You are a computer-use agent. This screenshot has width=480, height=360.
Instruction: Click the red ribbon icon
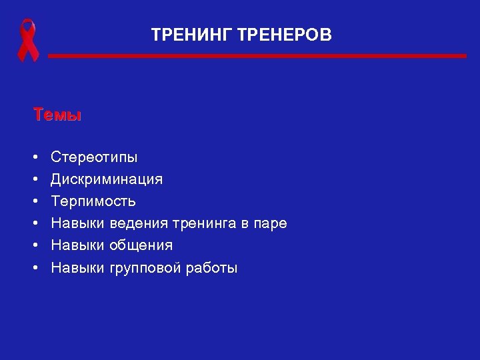pyautogui.click(x=27, y=41)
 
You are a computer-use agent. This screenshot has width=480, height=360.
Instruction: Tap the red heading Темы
pyautogui.click(x=57, y=115)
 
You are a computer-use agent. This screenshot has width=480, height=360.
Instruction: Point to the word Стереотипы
pyautogui.click(x=95, y=158)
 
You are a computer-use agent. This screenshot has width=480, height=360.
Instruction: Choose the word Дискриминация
pyautogui.click(x=107, y=179)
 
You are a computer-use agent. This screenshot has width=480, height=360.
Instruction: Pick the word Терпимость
pyautogui.click(x=93, y=201)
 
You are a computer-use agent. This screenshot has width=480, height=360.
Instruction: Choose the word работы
pyautogui.click(x=212, y=268)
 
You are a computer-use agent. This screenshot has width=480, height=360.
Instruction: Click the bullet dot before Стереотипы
pyautogui.click(x=34, y=158)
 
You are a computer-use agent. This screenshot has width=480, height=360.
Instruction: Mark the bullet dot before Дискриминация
pyautogui.click(x=34, y=180)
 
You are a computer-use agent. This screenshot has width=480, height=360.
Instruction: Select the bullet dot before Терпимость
pyautogui.click(x=34, y=202)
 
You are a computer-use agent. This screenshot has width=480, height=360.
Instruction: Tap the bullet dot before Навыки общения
pyautogui.click(x=34, y=246)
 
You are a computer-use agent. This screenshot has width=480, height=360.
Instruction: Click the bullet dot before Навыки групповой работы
pyautogui.click(x=34, y=268)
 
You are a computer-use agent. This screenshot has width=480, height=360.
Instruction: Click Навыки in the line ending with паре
pyautogui.click(x=78, y=223)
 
